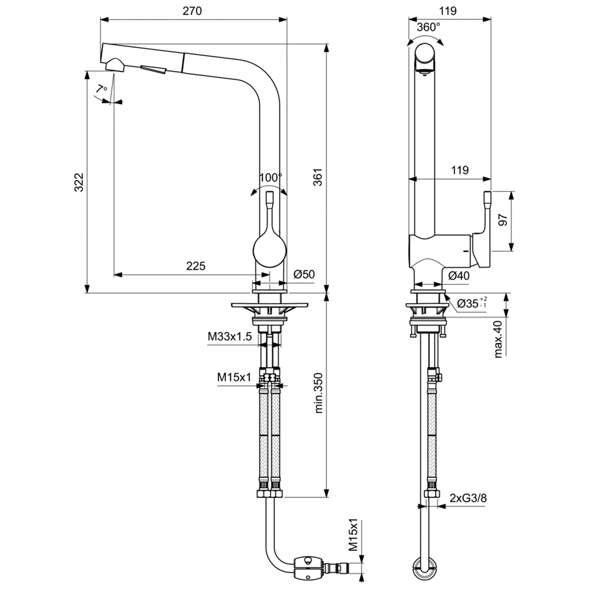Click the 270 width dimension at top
(x=192, y=11)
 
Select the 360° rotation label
(x=428, y=27)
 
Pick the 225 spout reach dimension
(x=195, y=266)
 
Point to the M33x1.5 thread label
(x=229, y=337)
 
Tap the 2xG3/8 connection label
(x=468, y=498)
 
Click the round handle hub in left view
(x=269, y=250)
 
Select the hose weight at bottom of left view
(x=308, y=564)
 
